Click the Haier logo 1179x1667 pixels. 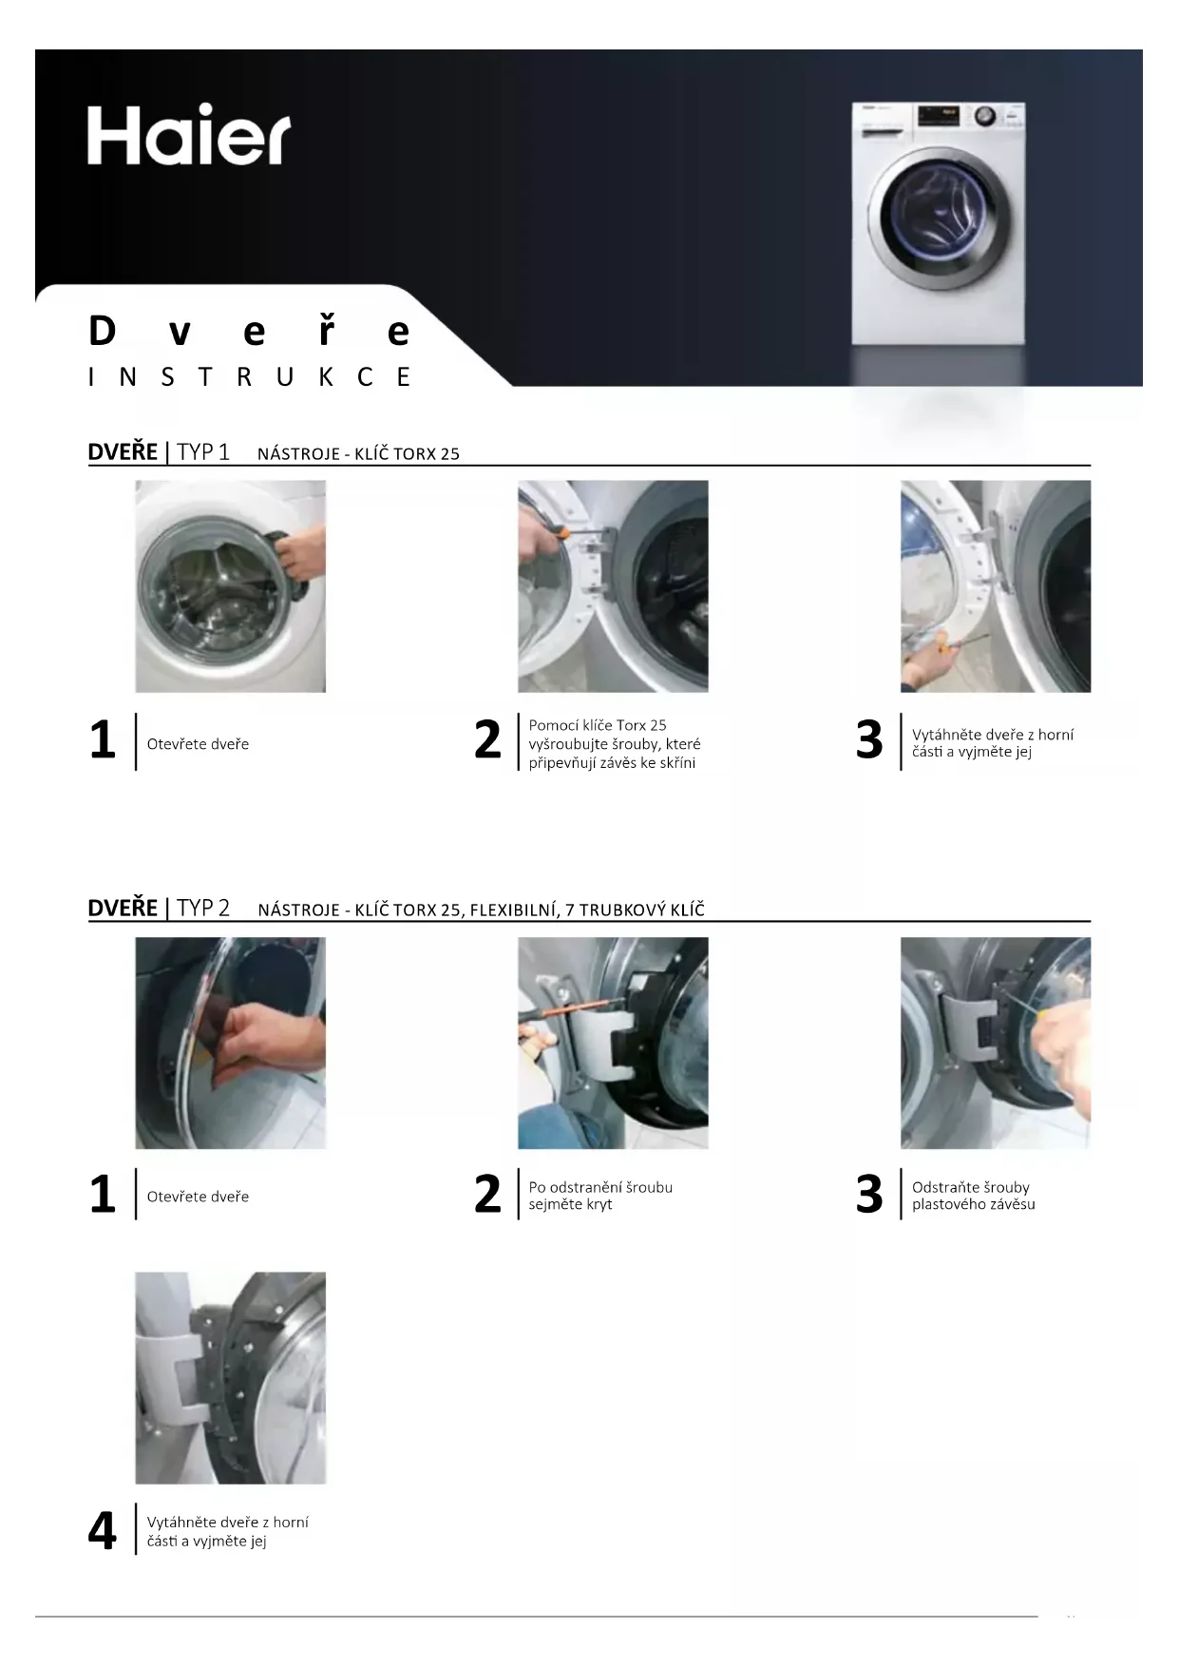pyautogui.click(x=189, y=135)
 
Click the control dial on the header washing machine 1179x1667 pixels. pyautogui.click(x=985, y=116)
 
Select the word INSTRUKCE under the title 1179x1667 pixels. pyautogui.click(x=249, y=377)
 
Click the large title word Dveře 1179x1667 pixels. pyautogui.click(x=249, y=331)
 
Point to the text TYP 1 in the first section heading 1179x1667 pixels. pyautogui.click(x=203, y=451)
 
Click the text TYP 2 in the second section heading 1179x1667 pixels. pyautogui.click(x=203, y=908)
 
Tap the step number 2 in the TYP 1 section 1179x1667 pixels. pyautogui.click(x=487, y=739)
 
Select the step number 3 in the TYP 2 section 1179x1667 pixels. pyautogui.click(x=869, y=1195)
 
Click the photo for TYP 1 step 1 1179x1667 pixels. pyautogui.click(x=231, y=586)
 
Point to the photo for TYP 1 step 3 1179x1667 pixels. pyautogui.click(x=996, y=586)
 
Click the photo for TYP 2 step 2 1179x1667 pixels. pyautogui.click(x=613, y=1043)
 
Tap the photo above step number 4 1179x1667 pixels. pyautogui.click(x=231, y=1378)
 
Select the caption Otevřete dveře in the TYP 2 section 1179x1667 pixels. pyautogui.click(x=198, y=1197)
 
